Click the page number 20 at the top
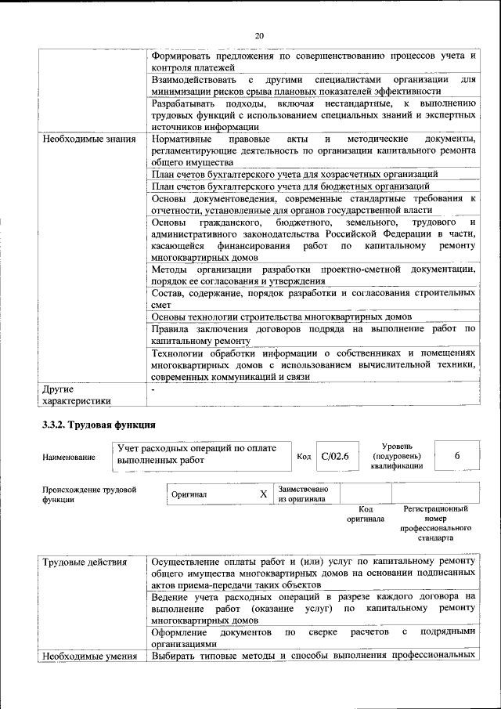[x=259, y=35]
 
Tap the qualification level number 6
[x=456, y=456]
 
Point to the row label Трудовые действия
[x=83, y=561]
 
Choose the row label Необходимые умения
[x=89, y=656]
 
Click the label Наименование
[x=70, y=457]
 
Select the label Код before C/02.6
[x=305, y=457]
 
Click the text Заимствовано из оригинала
[x=303, y=494]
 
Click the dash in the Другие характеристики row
[x=153, y=389]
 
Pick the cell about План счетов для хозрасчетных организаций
[x=294, y=173]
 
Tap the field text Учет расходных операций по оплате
[x=197, y=449]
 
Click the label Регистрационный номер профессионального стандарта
[x=435, y=523]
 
